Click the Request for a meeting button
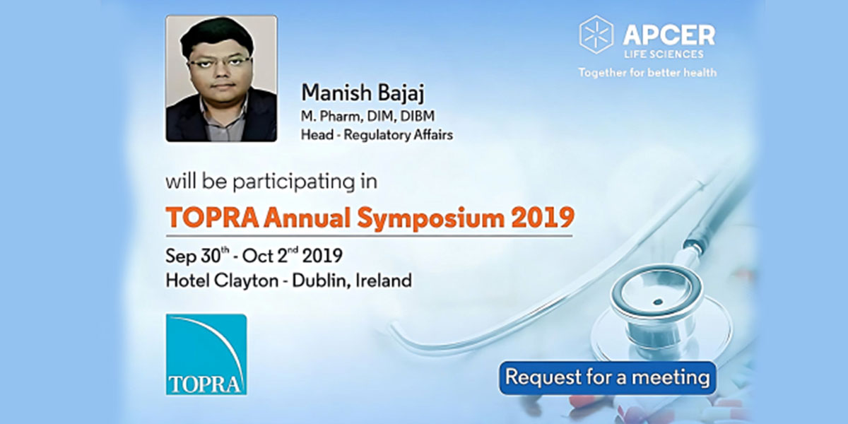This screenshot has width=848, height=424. pyautogui.click(x=608, y=378)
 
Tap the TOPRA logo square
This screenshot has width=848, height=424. pyautogui.click(x=206, y=354)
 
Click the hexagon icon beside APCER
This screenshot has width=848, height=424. pyautogui.click(x=596, y=35)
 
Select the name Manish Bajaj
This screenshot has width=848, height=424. pyautogui.click(x=363, y=93)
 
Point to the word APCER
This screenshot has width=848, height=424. pyautogui.click(x=669, y=35)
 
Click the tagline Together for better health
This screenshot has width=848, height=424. pyautogui.click(x=647, y=72)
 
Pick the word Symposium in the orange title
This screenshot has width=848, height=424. pyautogui.click(x=430, y=219)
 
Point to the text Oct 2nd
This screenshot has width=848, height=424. pyautogui.click(x=270, y=256)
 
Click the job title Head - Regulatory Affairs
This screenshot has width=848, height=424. pyautogui.click(x=377, y=135)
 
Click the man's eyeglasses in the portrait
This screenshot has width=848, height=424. pyautogui.click(x=219, y=62)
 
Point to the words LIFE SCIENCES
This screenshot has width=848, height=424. pyautogui.click(x=664, y=54)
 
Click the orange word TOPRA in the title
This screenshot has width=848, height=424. pyautogui.click(x=213, y=218)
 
